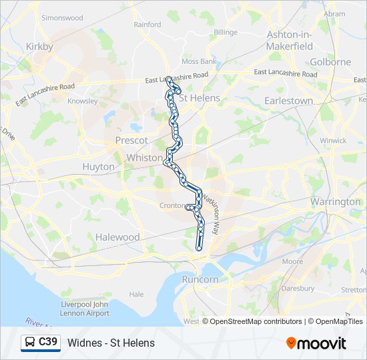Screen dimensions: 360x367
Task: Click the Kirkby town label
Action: (39, 47)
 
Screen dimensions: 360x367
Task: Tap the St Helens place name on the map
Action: (200, 98)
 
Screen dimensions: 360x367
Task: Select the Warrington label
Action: (335, 201)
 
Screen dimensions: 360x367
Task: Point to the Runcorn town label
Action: (200, 279)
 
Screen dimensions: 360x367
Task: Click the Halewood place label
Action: (117, 237)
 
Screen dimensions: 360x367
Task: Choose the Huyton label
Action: (98, 167)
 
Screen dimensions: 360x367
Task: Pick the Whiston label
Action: (145, 158)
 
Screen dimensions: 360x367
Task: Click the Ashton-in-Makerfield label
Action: (289, 40)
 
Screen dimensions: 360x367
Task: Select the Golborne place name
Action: (330, 62)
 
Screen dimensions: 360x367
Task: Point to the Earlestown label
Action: (289, 101)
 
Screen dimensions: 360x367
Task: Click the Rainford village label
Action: (147, 25)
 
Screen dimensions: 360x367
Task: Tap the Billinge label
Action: (226, 32)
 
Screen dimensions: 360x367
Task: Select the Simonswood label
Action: (61, 17)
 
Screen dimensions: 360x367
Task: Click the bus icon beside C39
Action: (31, 343)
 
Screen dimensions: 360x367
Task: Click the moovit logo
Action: (316, 343)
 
